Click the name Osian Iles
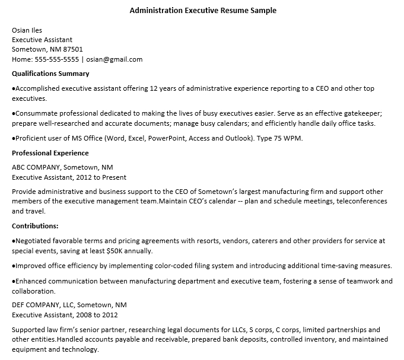pyautogui.click(x=27, y=30)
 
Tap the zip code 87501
pyautogui.click(x=73, y=49)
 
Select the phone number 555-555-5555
pyautogui.click(x=58, y=59)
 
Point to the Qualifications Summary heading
pyautogui.click(x=50, y=74)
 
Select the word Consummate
pyautogui.click(x=35, y=113)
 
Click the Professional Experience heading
pyautogui.click(x=50, y=153)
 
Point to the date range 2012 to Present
pyautogui.click(x=99, y=177)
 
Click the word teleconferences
pyautogui.click(x=362, y=201)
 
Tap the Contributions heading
pyautogui.click(x=35, y=226)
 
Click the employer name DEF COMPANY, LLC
pyautogui.click(x=43, y=305)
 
